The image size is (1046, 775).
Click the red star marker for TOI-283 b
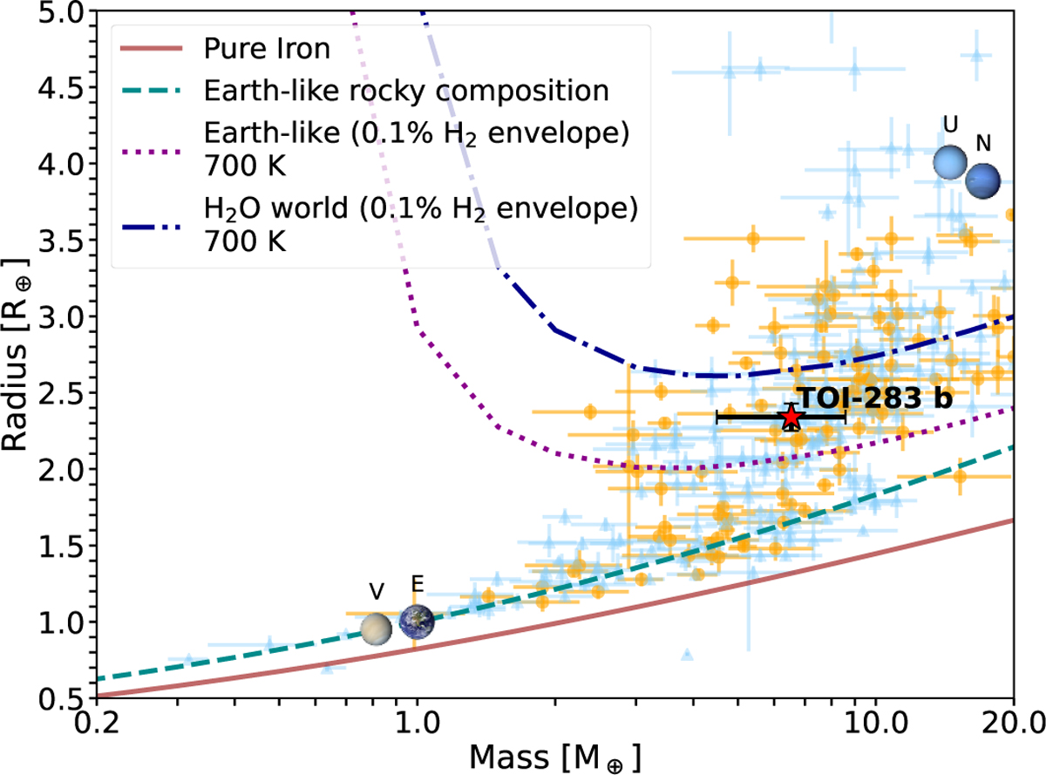(x=791, y=417)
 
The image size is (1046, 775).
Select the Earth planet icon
(x=417, y=620)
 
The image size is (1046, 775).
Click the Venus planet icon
(x=377, y=628)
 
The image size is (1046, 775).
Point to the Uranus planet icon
(x=951, y=161)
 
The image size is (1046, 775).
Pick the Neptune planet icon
(x=982, y=180)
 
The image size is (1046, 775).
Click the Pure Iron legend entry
(x=266, y=49)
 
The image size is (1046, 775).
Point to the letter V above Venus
(x=377, y=593)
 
